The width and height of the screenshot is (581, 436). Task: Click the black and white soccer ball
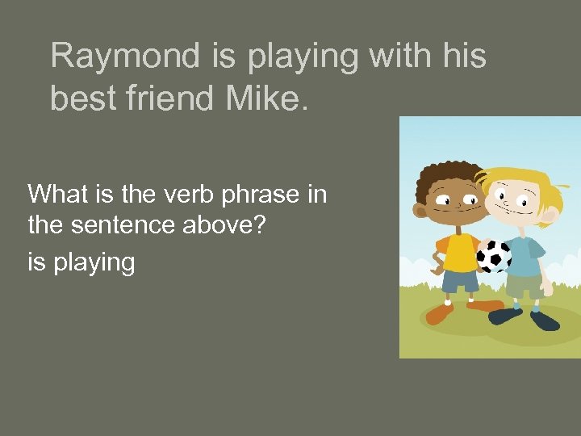tap(493, 256)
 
